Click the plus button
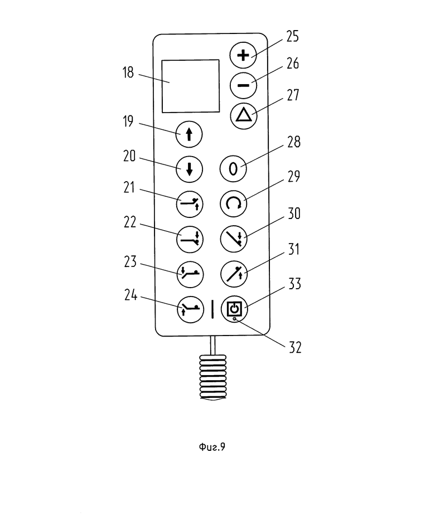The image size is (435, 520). coord(243,55)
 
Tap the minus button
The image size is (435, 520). coord(243,85)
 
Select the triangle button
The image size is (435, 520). coord(244,115)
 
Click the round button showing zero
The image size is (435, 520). coord(233,169)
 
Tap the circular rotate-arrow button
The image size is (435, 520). coord(234,204)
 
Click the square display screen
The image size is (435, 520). coord(191,86)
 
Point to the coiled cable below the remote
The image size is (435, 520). coord(213,377)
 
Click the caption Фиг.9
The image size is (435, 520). coord(212,447)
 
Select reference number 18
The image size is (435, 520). coord(128,72)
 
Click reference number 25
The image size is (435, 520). coord(292,36)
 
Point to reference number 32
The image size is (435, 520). coord(295,347)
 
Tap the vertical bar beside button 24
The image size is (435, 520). coord(212,309)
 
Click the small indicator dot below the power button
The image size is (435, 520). coord(235,319)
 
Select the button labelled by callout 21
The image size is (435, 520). coord(190,205)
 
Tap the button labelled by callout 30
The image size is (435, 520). coord(234,239)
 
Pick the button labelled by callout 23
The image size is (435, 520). coord(190,274)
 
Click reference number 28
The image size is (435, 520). coord(294,142)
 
